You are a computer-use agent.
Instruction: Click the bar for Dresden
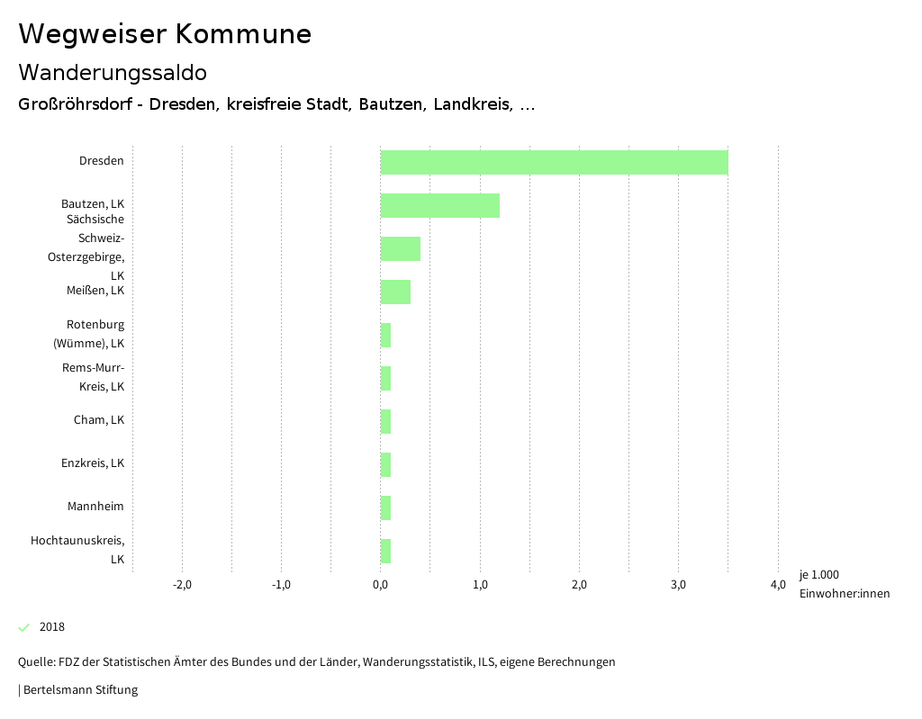click(554, 162)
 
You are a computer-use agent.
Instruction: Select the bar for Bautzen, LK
click(439, 205)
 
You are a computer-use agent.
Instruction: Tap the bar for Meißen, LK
click(395, 292)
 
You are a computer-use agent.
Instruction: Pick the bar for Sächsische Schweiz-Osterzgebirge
click(400, 248)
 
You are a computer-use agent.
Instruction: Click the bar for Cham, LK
click(385, 421)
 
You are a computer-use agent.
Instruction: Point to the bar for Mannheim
click(385, 508)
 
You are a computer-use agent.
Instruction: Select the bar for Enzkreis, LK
click(385, 464)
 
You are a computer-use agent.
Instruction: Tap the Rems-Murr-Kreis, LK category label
click(93, 377)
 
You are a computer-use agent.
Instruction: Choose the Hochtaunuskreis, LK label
click(77, 550)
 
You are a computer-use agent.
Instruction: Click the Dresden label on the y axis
click(102, 161)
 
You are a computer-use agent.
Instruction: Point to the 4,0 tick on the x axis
click(778, 585)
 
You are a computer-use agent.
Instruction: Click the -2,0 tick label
click(182, 585)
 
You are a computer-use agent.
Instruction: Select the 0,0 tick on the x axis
click(381, 585)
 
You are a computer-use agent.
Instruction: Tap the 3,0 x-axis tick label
click(679, 585)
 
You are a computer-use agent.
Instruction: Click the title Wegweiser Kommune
click(165, 34)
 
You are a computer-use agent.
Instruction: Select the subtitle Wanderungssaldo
click(113, 72)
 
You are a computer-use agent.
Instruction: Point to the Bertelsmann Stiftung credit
click(79, 690)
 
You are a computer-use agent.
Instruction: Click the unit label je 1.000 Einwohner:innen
click(844, 584)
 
